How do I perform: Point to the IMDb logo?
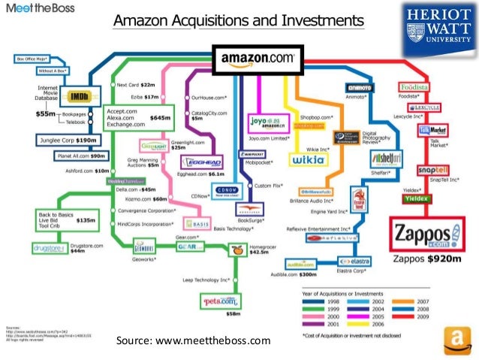78,96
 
